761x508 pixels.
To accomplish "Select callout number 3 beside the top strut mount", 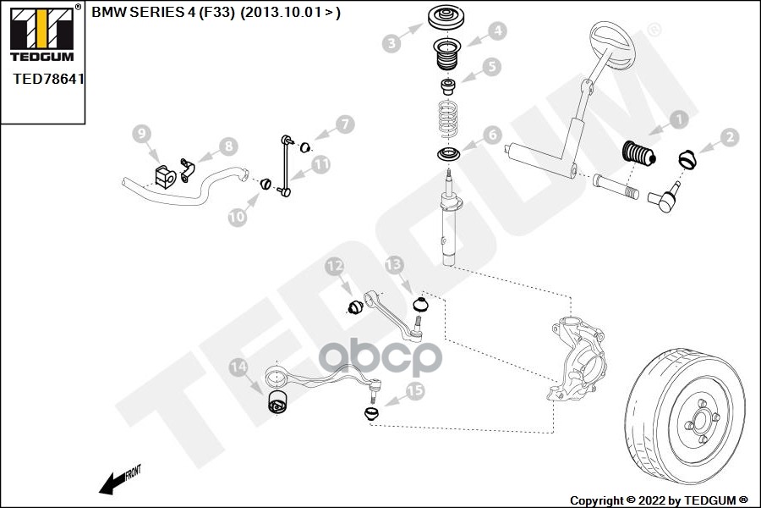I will point(391,42).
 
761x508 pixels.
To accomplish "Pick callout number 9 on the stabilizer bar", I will point(141,134).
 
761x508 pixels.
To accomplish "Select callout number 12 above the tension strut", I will point(335,268).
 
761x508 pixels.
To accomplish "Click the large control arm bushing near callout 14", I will point(276,404).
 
